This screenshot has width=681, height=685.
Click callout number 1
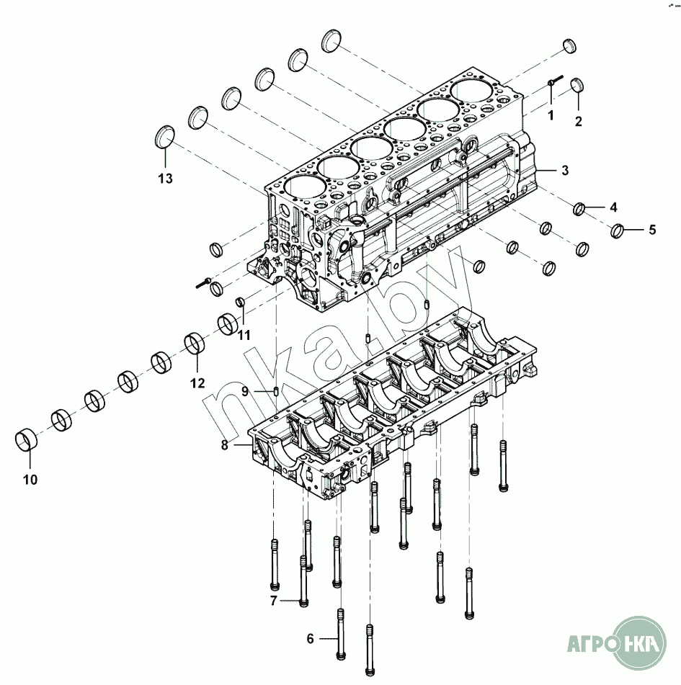[x=551, y=115]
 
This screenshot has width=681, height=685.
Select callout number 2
[x=578, y=122]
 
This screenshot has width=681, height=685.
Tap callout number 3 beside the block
[x=565, y=170]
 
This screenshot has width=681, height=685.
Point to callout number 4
[x=613, y=207]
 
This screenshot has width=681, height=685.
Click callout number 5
[x=652, y=230]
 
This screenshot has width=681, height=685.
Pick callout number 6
[x=310, y=639]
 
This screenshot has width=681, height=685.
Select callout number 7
[x=274, y=601]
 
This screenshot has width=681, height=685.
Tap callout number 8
[x=224, y=445]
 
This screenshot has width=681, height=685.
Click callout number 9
[x=245, y=391]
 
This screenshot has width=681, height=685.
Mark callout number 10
[x=30, y=480]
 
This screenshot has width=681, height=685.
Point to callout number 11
[x=244, y=335]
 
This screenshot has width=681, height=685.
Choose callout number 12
[x=197, y=383]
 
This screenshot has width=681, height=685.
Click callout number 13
[x=165, y=178]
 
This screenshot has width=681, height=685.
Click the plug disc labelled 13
[x=165, y=137]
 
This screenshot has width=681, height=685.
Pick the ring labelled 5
[x=617, y=230]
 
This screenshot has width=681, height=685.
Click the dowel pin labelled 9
[x=277, y=390]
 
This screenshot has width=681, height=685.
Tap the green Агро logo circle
[x=639, y=643]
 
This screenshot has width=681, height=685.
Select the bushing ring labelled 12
[x=195, y=344]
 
